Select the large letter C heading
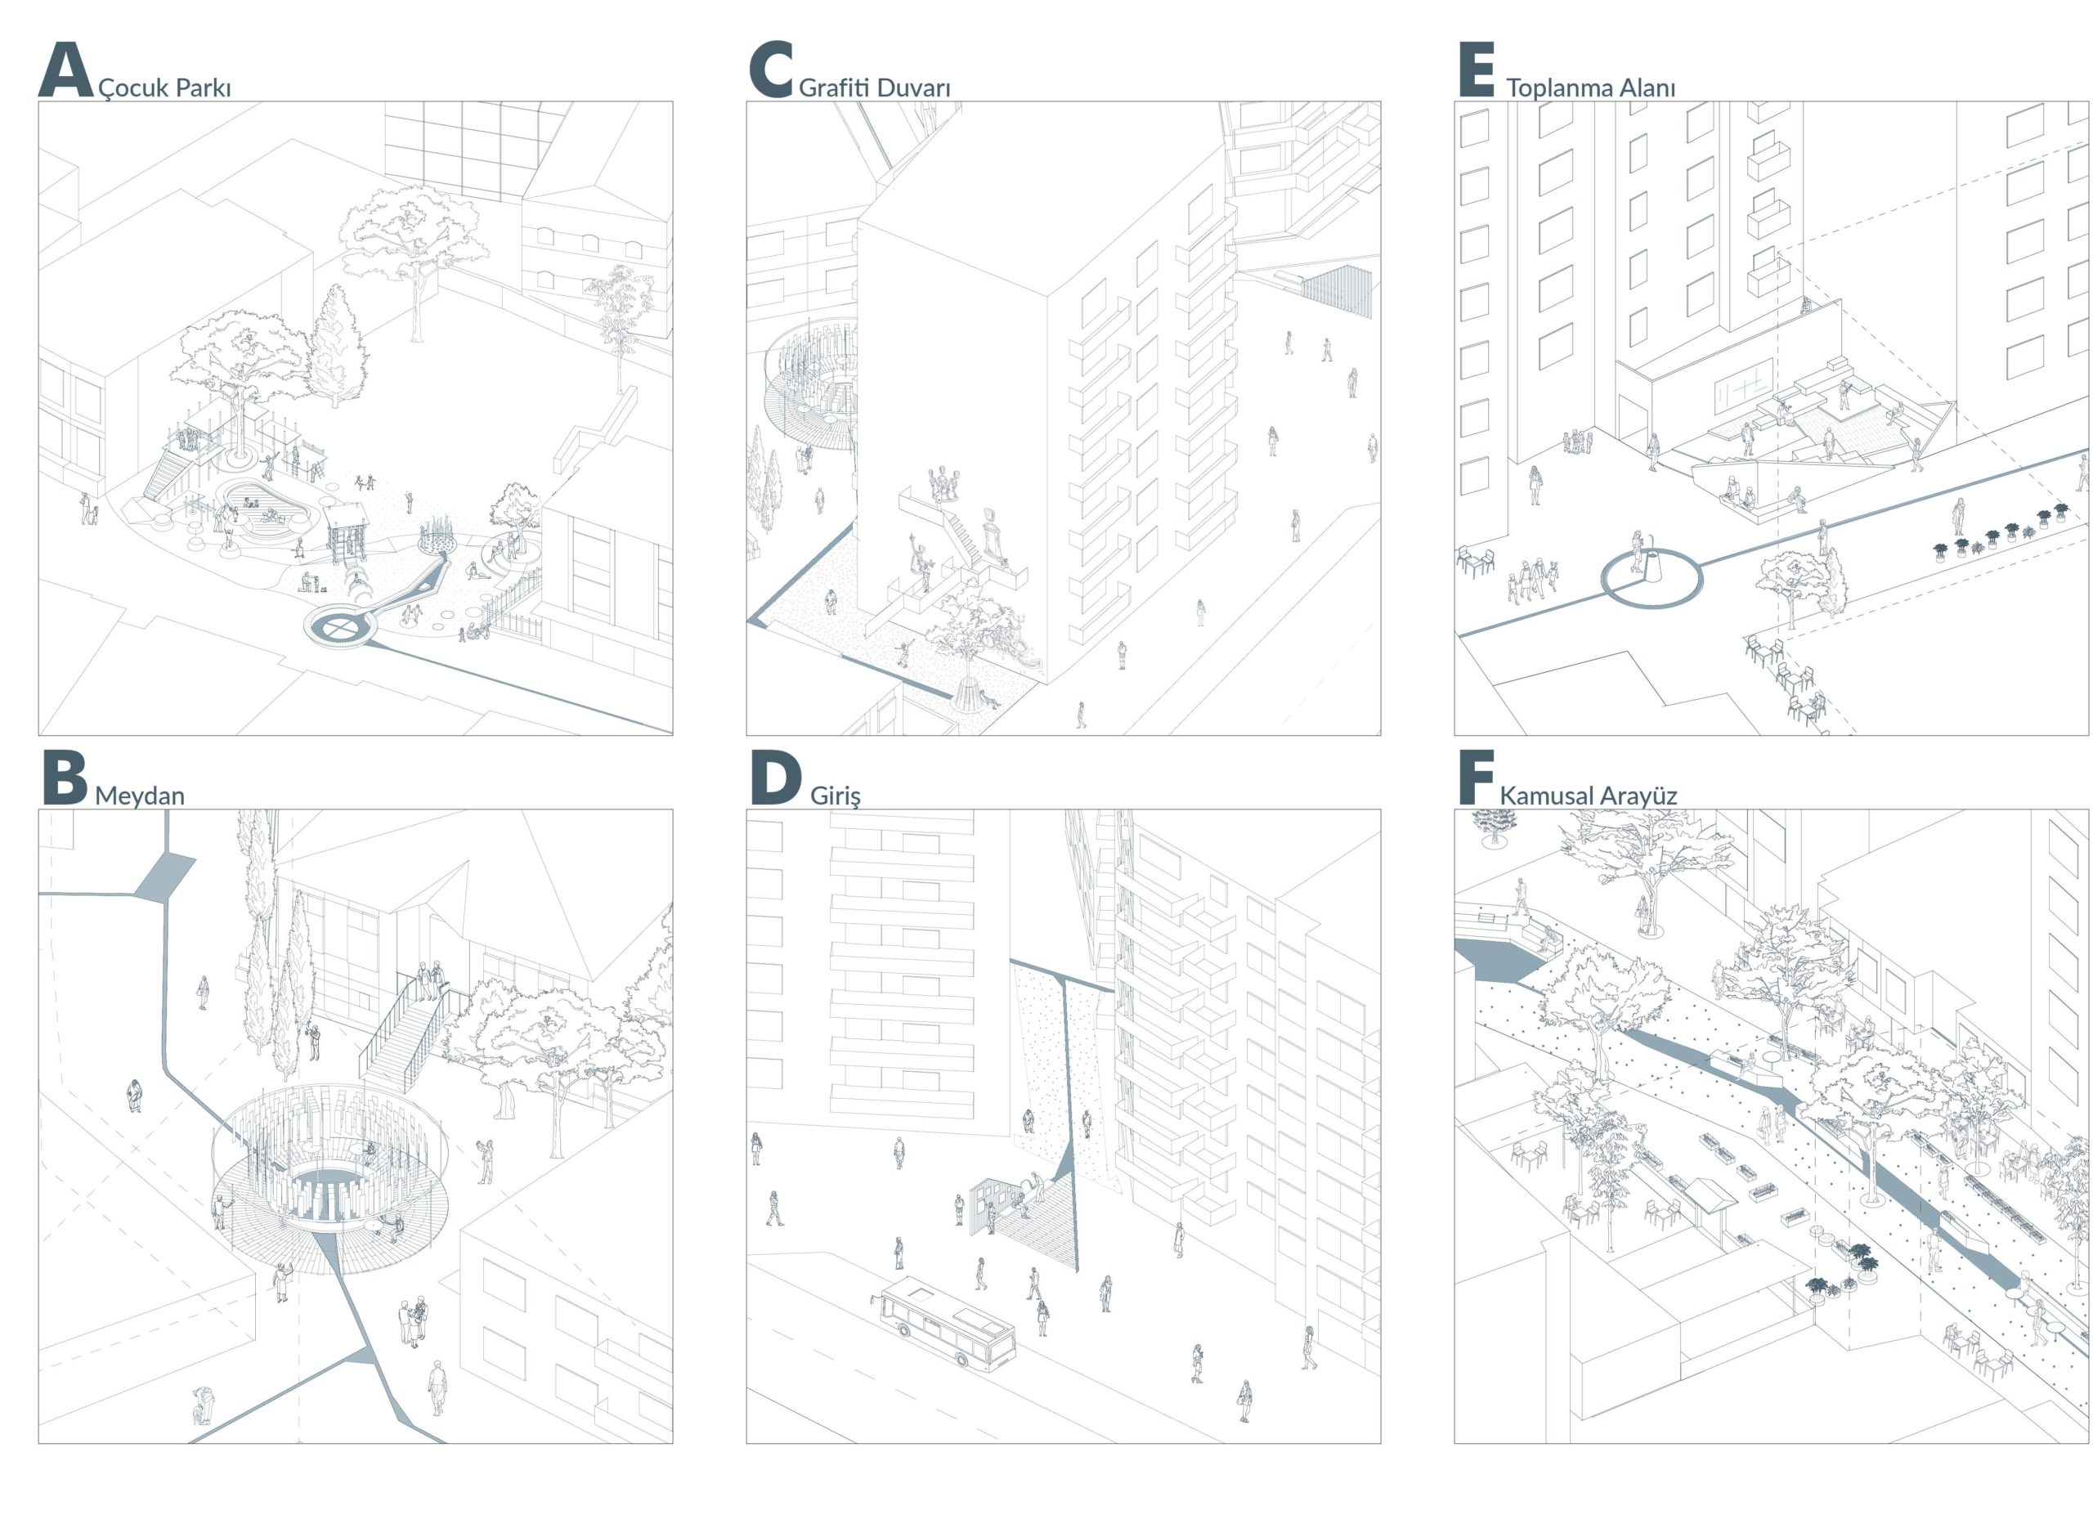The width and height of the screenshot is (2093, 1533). pyautogui.click(x=771, y=69)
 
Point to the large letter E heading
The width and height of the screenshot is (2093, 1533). pyautogui.click(x=1476, y=69)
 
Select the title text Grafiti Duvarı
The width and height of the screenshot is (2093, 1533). pyautogui.click(x=874, y=87)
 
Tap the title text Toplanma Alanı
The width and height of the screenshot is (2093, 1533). pyautogui.click(x=1590, y=87)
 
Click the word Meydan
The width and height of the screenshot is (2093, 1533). pyautogui.click(x=139, y=796)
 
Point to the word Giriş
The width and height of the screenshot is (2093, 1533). pyautogui.click(x=835, y=796)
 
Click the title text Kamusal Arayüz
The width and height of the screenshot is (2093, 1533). pyautogui.click(x=1588, y=796)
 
